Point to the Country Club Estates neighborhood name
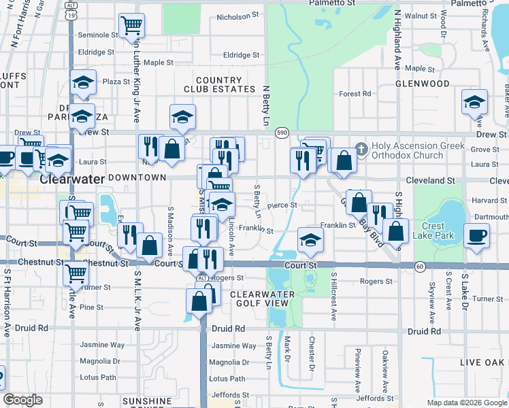(218, 84)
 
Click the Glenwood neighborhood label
(422, 84)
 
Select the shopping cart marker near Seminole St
(131, 26)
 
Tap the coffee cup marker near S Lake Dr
(476, 236)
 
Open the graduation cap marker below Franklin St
(310, 239)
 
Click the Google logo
(22, 400)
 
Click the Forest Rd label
(355, 94)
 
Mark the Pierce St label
(282, 205)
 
